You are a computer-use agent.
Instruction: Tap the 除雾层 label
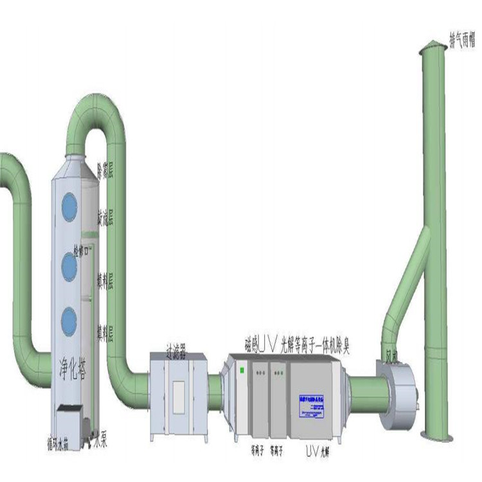click(105, 172)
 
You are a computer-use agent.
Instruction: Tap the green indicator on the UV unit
click(242, 370)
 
